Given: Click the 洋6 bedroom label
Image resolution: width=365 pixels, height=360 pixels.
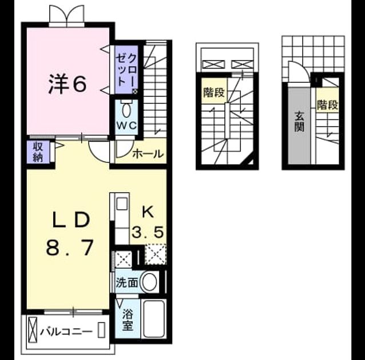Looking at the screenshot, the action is [68, 84].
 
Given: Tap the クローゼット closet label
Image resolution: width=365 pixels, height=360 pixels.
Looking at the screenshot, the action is [126, 70].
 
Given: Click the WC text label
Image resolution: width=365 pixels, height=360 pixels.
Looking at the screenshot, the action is [126, 126].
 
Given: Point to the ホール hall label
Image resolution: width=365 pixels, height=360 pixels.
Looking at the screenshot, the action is [148, 154].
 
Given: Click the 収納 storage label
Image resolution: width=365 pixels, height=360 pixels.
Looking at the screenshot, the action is [38, 152].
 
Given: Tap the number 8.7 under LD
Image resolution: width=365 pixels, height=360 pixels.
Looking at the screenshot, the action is [70, 247].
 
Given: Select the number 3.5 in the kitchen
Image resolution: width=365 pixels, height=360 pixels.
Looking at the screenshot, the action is [148, 232].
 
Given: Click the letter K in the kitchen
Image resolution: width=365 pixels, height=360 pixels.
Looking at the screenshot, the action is [148, 213].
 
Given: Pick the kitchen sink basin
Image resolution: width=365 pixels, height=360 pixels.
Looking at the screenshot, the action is [122, 204].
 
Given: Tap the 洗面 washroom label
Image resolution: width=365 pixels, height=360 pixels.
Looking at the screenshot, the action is [127, 282].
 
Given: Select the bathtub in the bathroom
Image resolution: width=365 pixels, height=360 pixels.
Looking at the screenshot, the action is [154, 319].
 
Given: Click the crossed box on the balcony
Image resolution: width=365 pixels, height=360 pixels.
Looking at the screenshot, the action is [33, 330].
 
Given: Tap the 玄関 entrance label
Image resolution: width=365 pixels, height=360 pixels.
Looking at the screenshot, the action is [300, 122].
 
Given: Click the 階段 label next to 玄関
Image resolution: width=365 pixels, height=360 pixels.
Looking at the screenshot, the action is [327, 105].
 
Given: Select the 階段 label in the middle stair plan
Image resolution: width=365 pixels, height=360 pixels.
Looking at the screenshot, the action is [214, 92].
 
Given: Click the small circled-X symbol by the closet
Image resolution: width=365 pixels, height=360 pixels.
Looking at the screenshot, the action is [135, 91].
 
